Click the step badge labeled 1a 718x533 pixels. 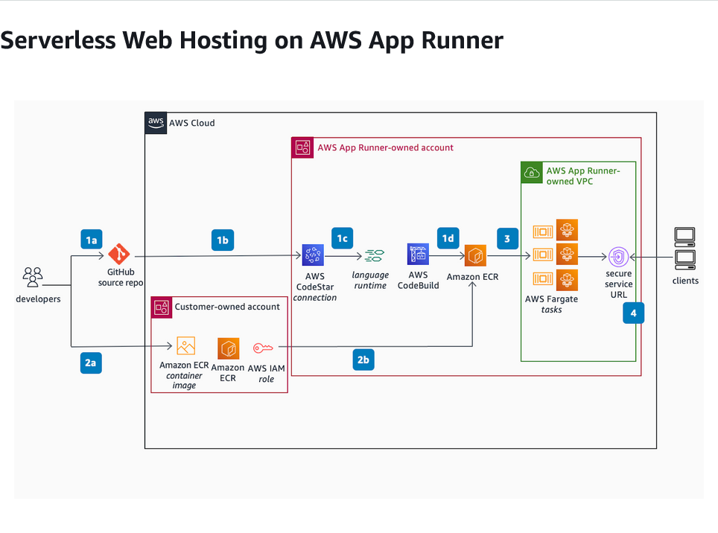coord(91,240)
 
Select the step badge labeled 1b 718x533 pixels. coord(222,240)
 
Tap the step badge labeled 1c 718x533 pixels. coord(342,237)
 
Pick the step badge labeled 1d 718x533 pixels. coord(448,237)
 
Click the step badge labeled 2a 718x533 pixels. coord(91,363)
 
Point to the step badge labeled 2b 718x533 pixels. coord(363,360)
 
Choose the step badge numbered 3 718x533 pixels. coord(507,239)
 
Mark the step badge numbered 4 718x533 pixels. coord(633,313)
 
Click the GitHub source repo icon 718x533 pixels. coord(119,255)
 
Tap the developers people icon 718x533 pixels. coord(32,278)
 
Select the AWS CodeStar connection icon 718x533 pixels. coord(313,255)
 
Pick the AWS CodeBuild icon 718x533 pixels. coord(418,255)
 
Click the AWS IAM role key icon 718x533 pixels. coord(263,348)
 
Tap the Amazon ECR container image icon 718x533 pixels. coord(185,347)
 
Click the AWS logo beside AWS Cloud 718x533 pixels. coord(156,123)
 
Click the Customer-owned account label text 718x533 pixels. coord(227,307)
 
